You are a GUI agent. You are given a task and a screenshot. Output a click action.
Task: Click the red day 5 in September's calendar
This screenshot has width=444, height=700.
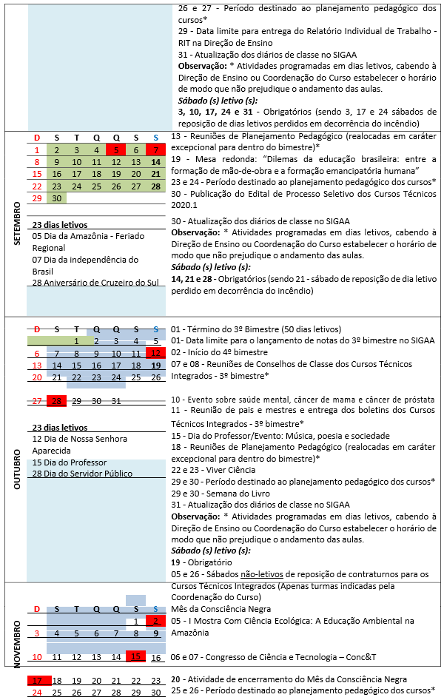[x=116, y=150]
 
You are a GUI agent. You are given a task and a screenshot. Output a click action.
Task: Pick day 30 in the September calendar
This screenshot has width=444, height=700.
[x=56, y=198]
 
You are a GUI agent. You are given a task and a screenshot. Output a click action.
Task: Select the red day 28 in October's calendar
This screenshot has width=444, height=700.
[x=56, y=400]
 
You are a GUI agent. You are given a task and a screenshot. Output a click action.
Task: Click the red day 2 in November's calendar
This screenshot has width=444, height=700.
[x=155, y=621]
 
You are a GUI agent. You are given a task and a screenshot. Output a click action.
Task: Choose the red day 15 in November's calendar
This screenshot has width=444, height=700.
[x=135, y=656]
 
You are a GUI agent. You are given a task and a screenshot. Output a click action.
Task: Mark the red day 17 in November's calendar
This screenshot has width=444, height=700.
[x=37, y=680]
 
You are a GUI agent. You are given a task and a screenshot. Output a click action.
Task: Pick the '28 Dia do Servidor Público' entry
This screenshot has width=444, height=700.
[x=82, y=474]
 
